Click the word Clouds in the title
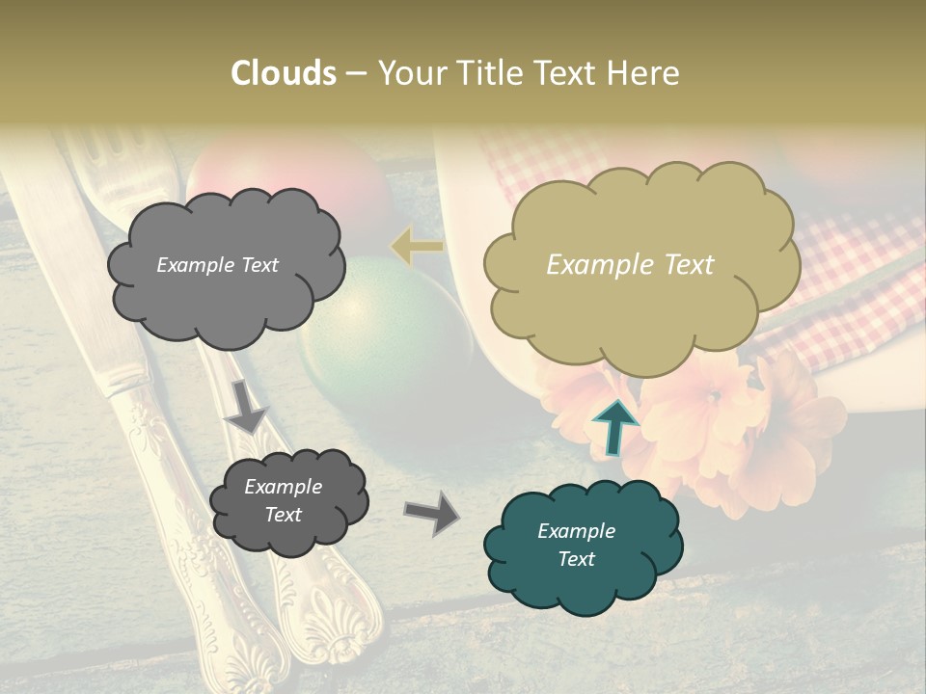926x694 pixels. click(x=284, y=73)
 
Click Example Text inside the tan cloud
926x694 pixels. click(x=630, y=265)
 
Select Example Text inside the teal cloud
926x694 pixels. click(x=576, y=545)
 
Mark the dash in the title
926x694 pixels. click(x=356, y=73)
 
